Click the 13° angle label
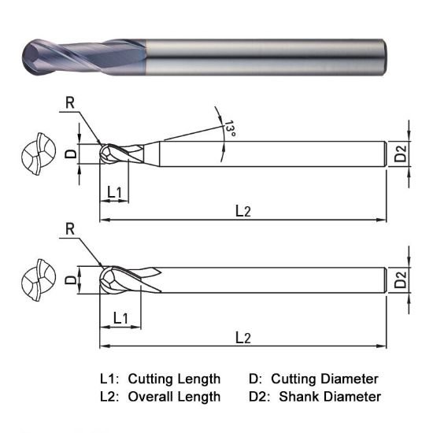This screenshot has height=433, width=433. (x=229, y=128)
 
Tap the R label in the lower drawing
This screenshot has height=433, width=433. (x=70, y=229)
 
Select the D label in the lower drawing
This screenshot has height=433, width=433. (x=69, y=279)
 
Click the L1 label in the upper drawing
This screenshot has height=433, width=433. (x=114, y=192)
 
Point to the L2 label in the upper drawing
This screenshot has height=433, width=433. (x=242, y=211)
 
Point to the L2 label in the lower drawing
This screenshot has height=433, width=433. (x=242, y=337)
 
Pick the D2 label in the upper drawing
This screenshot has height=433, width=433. (x=401, y=154)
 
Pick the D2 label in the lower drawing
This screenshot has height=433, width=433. (x=401, y=279)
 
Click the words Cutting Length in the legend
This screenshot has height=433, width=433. (x=174, y=379)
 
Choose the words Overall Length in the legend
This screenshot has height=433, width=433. (x=174, y=396)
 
